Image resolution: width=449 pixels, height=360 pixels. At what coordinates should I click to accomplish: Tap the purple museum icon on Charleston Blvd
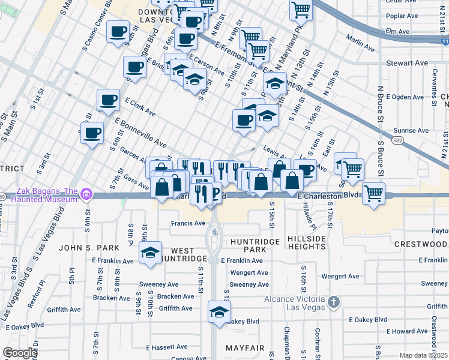(86, 194)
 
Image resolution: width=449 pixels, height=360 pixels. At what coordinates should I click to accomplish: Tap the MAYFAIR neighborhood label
(245, 348)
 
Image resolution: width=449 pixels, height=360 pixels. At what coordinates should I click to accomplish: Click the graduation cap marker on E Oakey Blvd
(219, 313)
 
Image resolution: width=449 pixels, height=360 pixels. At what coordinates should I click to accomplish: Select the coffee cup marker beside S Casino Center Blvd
(118, 31)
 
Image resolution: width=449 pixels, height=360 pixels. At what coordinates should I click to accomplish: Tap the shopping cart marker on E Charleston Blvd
(373, 194)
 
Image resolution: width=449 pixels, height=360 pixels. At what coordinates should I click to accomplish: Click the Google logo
(20, 353)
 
